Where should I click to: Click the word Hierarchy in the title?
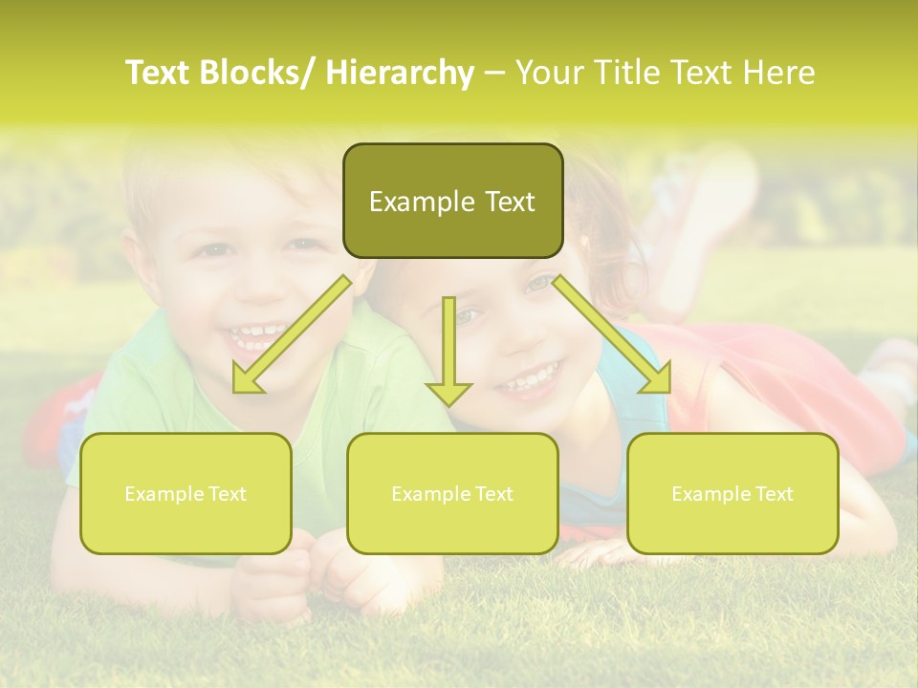[x=400, y=74]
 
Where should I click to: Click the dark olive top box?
[x=452, y=202]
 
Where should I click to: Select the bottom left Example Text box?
[x=186, y=494]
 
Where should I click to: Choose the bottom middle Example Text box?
[x=452, y=494]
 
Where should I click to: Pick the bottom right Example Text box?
[x=732, y=494]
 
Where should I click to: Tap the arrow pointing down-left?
[x=291, y=335]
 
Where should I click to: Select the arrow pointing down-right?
[x=612, y=335]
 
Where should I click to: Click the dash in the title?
[x=494, y=74]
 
